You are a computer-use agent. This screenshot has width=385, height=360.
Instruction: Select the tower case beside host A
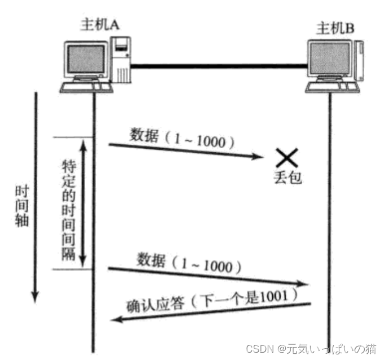click(x=121, y=59)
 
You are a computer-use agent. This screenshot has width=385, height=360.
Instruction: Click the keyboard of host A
click(x=85, y=87)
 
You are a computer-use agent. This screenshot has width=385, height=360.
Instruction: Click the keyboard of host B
click(x=333, y=88)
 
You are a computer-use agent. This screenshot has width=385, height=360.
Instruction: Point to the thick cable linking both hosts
click(x=220, y=66)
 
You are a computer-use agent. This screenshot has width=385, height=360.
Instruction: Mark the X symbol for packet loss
click(x=287, y=157)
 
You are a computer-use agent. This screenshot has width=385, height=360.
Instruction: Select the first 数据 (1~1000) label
click(x=182, y=138)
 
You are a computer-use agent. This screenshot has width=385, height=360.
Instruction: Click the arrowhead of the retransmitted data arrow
click(x=307, y=286)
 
